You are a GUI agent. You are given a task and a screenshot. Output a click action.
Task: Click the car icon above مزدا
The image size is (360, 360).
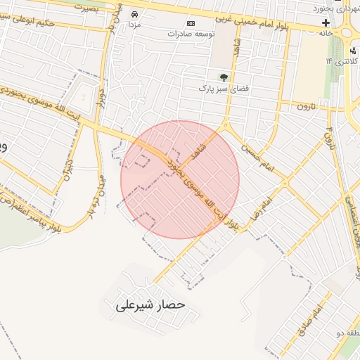[134, 13]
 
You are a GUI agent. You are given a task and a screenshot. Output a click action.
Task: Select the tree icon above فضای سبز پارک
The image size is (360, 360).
[224, 77]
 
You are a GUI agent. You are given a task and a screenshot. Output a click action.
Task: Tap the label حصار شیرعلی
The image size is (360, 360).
[150, 306]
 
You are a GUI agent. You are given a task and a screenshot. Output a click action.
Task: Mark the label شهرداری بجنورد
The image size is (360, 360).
[336, 10]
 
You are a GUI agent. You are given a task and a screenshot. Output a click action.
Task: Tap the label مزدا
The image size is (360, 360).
[134, 25]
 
